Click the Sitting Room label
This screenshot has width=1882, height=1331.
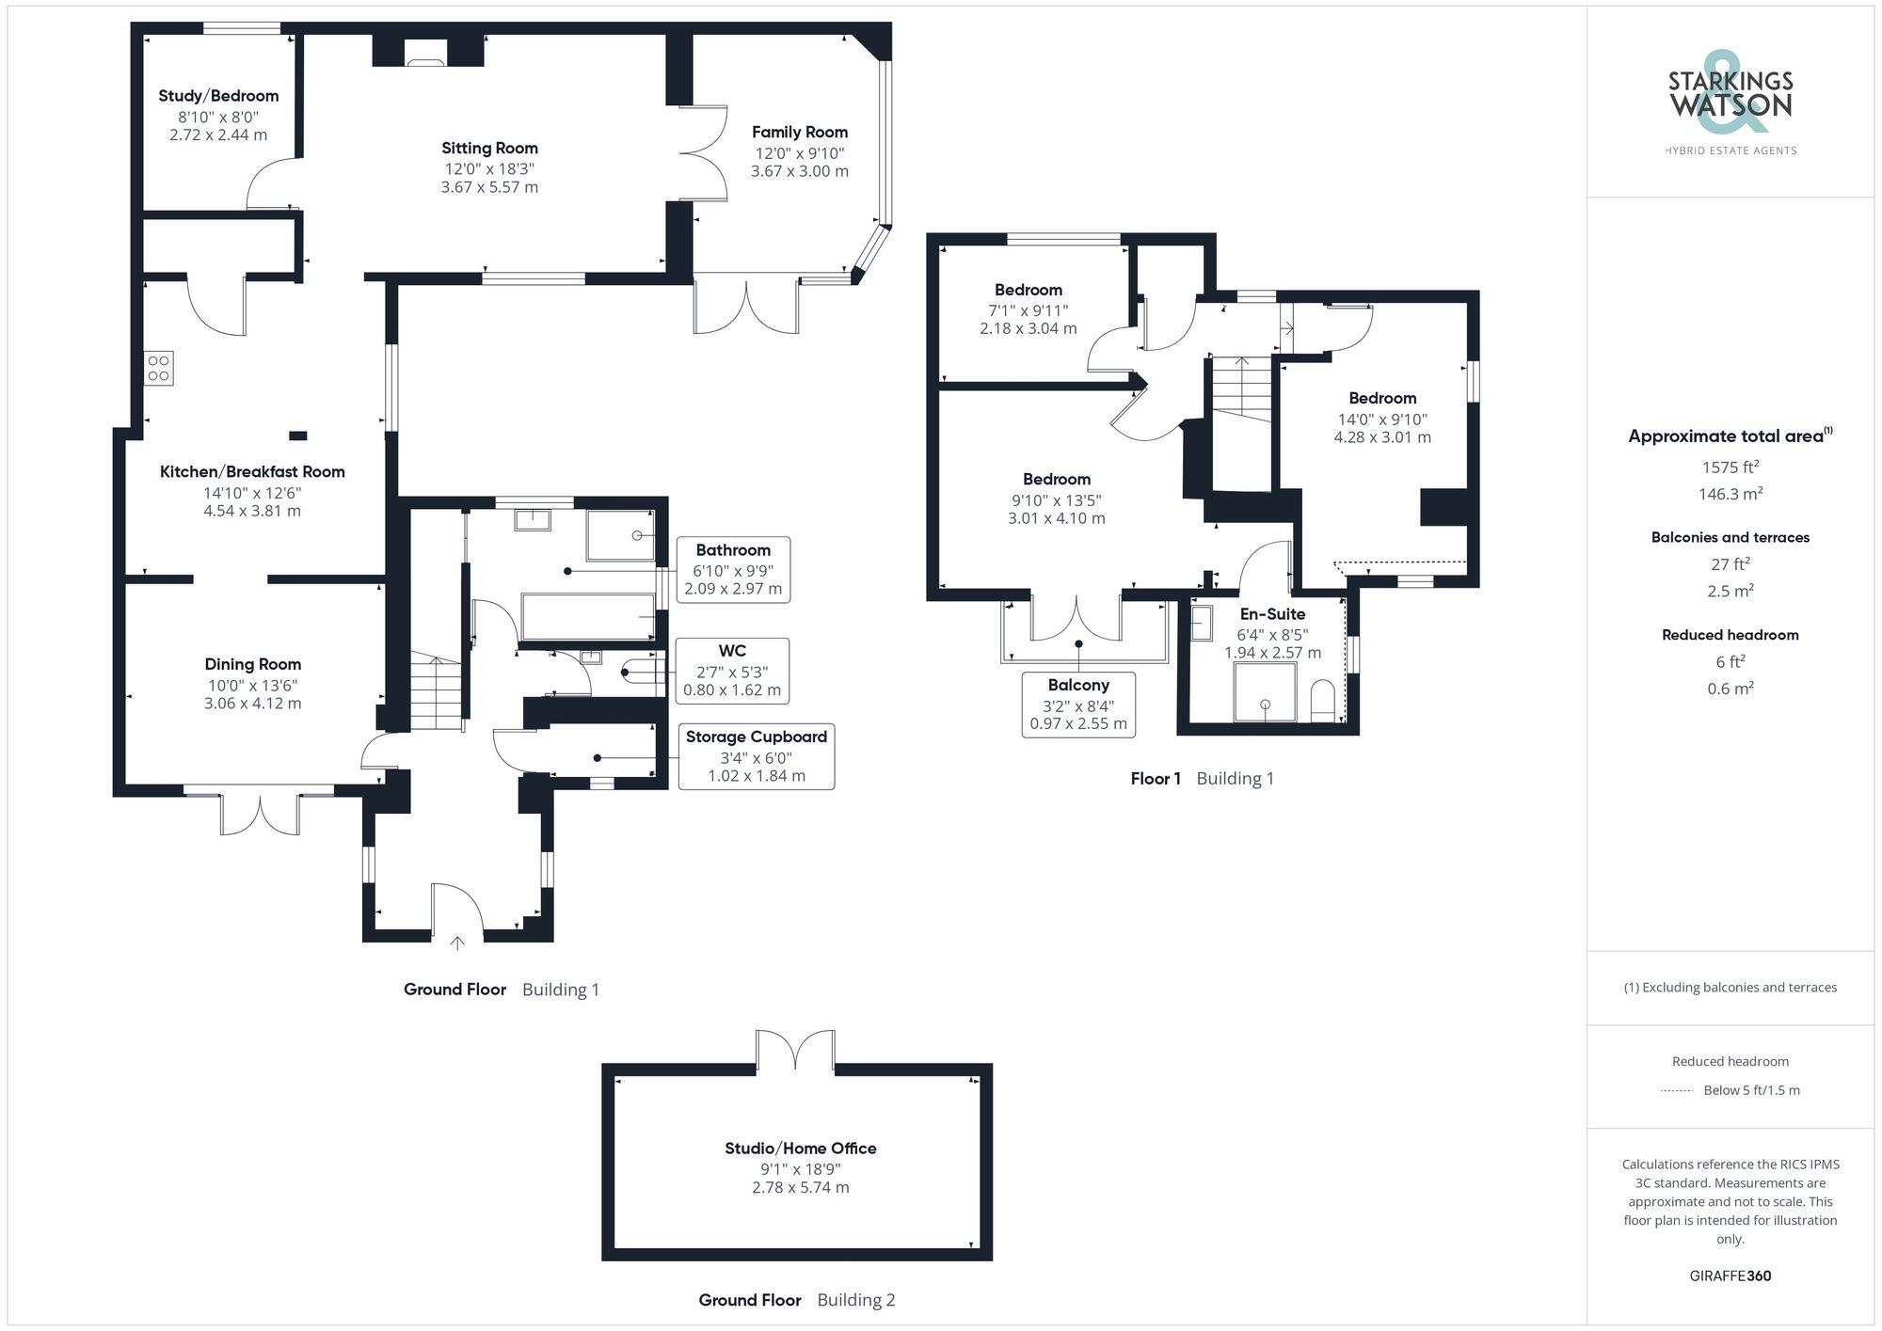(x=489, y=148)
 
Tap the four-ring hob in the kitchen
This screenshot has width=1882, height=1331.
(x=158, y=368)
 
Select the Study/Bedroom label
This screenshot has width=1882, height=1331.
(x=218, y=96)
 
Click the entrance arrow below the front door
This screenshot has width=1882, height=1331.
(x=457, y=943)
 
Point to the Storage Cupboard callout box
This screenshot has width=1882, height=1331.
(x=756, y=756)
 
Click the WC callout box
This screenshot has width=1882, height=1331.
(x=732, y=671)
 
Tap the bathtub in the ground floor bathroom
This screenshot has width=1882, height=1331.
(x=587, y=616)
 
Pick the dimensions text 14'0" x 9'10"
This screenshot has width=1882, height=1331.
(x=1382, y=420)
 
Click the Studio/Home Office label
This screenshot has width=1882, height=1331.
(x=800, y=1149)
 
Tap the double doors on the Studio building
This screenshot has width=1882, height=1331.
(x=795, y=1050)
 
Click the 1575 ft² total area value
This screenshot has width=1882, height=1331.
(x=1730, y=467)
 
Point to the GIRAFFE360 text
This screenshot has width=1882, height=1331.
(x=1730, y=1276)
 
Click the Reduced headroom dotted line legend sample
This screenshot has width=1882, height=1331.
(x=1677, y=1091)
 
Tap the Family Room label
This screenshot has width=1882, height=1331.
(x=799, y=133)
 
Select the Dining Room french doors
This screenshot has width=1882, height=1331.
(x=261, y=814)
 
